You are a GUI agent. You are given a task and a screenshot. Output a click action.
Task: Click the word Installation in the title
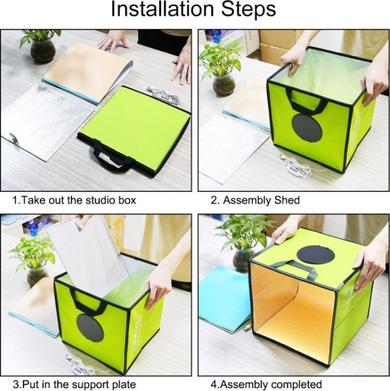tap(162, 9)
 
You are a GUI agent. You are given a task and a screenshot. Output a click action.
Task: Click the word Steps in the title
tap(248, 9)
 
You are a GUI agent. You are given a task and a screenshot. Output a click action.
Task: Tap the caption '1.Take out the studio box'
tap(74, 200)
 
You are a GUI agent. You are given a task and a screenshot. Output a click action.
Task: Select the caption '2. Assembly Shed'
tap(255, 200)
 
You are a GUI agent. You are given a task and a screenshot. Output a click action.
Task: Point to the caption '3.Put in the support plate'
tap(74, 384)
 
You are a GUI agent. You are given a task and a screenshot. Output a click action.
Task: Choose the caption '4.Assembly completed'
tap(266, 384)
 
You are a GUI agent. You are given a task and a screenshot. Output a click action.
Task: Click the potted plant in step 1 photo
tap(41, 46)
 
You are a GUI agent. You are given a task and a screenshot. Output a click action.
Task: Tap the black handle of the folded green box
tap(112, 156)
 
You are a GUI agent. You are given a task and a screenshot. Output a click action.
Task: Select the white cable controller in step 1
tap(165, 95)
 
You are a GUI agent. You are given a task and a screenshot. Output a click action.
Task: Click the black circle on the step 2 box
tap(307, 128)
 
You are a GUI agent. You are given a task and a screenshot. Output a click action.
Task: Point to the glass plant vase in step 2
tap(223, 85)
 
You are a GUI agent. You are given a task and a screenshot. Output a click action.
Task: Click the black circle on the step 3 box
tap(90, 328)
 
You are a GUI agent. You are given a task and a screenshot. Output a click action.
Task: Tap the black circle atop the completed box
tap(316, 255)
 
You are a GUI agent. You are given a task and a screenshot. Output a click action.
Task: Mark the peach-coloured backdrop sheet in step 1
tap(87, 71)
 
